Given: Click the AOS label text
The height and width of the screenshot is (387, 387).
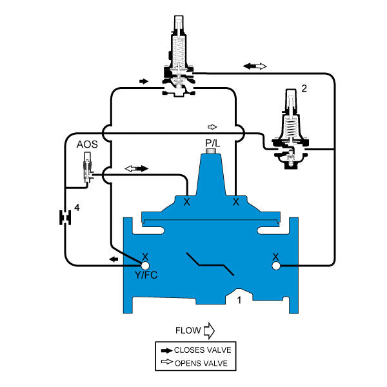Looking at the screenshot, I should [x=88, y=145].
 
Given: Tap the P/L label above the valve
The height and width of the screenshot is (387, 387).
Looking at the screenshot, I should [x=212, y=143].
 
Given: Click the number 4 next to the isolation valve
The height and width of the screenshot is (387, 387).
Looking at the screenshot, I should [x=77, y=208].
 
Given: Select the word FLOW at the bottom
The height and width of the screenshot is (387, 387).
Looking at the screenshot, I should [x=188, y=331].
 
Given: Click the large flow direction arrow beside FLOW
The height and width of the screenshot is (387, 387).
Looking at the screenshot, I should [x=208, y=332].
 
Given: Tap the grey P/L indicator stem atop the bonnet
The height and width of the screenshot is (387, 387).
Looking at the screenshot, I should [x=212, y=152].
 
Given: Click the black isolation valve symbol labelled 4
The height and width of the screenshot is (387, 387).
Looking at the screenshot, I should [x=64, y=217].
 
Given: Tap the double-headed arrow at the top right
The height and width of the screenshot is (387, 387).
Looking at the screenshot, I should [x=255, y=66].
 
